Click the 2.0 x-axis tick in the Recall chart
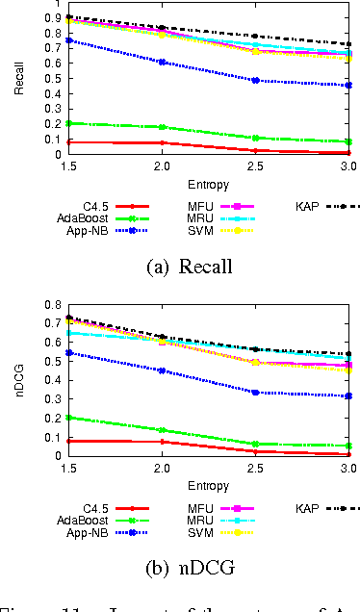pos(163,166)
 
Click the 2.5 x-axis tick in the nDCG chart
pos(255,468)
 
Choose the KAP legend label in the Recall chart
pos(308,206)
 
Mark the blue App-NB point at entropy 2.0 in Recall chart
pos(163,62)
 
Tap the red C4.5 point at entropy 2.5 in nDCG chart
pos(255,451)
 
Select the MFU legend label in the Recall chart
pos(202,206)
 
